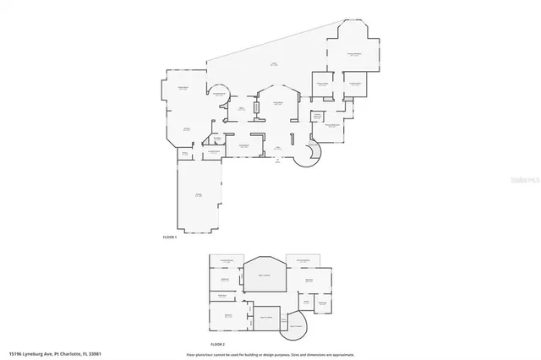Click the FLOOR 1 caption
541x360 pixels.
(169, 237)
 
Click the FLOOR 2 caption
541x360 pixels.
(217, 344)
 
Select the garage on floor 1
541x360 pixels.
(199, 195)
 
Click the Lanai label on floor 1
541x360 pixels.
(274, 64)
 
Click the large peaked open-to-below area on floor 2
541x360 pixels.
(265, 275)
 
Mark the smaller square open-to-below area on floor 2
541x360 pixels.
(266, 317)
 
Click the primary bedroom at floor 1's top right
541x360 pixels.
(357, 55)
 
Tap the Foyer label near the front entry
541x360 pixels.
(279, 147)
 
